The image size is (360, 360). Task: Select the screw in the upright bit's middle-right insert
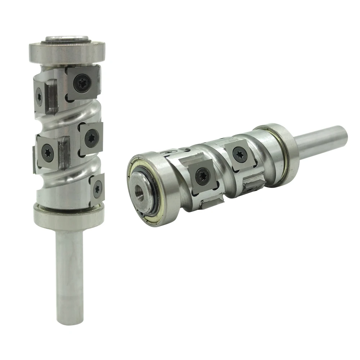pyautogui.click(x=92, y=137)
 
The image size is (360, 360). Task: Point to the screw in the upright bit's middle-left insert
pyautogui.click(x=48, y=153)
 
